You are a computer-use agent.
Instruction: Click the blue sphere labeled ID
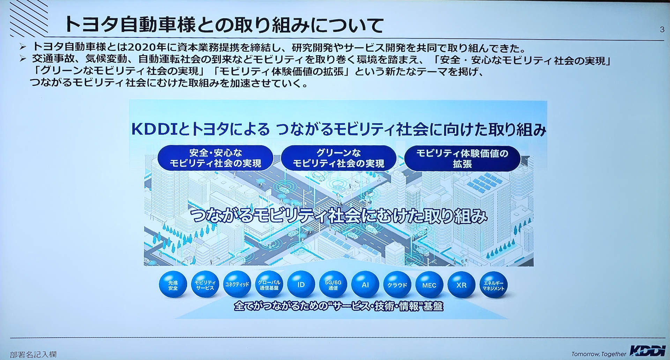[x=301, y=285]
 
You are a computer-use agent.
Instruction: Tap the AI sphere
[x=365, y=285]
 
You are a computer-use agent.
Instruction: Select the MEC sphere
[x=429, y=285]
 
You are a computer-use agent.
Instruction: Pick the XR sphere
[x=461, y=285]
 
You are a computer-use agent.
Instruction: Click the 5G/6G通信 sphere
[x=333, y=285]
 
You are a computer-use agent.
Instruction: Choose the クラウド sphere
[x=397, y=285]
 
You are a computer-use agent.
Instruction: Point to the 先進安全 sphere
[x=173, y=285]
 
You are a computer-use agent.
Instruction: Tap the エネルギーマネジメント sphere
[x=493, y=285]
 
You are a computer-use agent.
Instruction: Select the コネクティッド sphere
[x=237, y=285]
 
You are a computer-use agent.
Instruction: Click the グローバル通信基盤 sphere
[x=269, y=285]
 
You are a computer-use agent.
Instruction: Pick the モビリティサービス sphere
[x=205, y=285]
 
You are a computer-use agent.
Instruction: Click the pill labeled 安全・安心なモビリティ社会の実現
[x=215, y=158]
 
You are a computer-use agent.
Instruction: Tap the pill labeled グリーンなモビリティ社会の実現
[x=338, y=158]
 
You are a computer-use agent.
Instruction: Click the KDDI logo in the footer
[x=648, y=351]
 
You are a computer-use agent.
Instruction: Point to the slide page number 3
[x=662, y=30]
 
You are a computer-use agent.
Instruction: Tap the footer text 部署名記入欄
[x=33, y=355]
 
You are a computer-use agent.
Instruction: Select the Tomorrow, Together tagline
[x=599, y=354]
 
